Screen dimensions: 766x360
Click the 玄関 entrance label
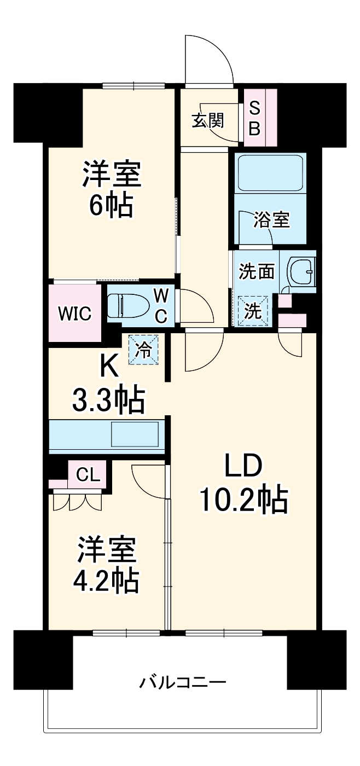tap(207, 120)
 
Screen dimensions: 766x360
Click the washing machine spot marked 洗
tap(253, 311)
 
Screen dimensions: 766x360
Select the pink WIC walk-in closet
tap(75, 314)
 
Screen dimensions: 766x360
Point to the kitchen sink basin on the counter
tap(135, 435)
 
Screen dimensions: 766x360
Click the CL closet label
tap(88, 474)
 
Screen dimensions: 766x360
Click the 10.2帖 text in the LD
tap(243, 500)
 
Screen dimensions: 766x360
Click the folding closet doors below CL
tap(77, 501)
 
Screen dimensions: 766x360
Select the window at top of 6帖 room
tap(133, 85)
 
